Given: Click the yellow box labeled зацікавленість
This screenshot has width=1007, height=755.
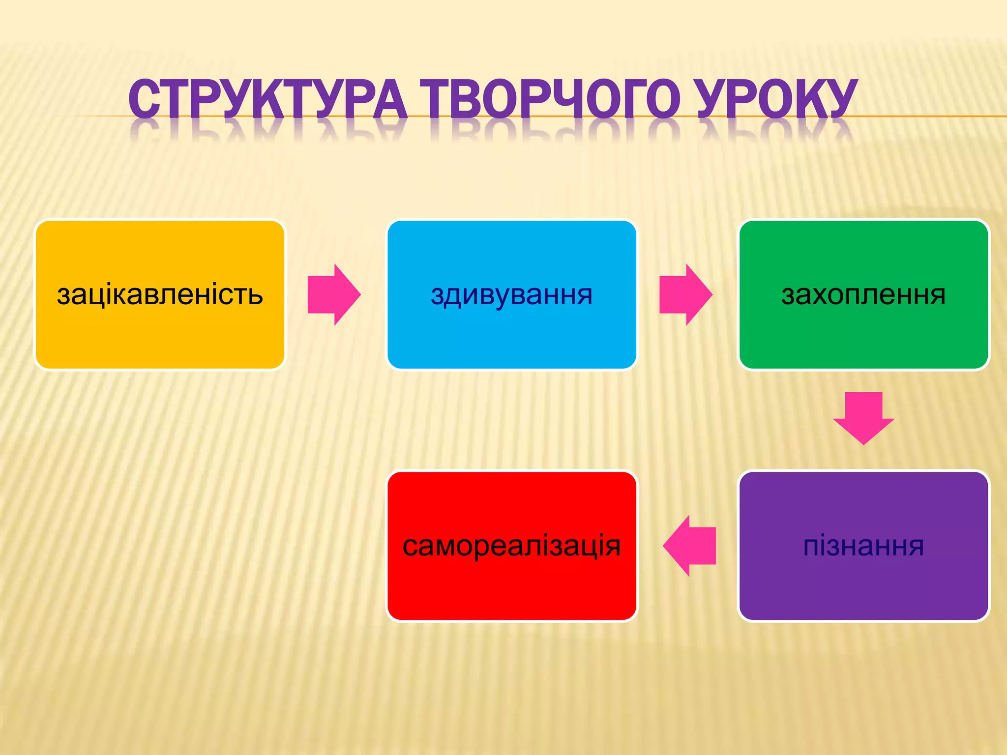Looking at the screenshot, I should [160, 334].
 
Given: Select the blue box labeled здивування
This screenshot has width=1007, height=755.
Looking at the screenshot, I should [512, 334].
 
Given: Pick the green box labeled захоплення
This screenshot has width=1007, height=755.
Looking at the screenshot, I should [864, 334].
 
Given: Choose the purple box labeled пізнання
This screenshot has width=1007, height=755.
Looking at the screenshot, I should [864, 585].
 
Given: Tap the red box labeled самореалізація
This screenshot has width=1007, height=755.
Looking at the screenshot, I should [512, 585].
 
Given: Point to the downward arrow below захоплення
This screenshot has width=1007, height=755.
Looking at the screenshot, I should [863, 418].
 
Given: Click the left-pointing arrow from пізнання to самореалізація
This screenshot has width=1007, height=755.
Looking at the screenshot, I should [689, 546].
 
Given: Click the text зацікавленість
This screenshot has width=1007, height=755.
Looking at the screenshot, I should [160, 294].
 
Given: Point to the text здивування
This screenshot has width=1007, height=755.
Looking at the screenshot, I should [512, 294].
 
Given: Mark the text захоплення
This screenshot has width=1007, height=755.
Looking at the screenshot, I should [863, 294].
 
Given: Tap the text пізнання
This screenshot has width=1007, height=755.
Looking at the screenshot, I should [863, 546].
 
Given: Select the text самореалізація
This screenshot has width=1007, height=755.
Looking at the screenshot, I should [512, 546].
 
